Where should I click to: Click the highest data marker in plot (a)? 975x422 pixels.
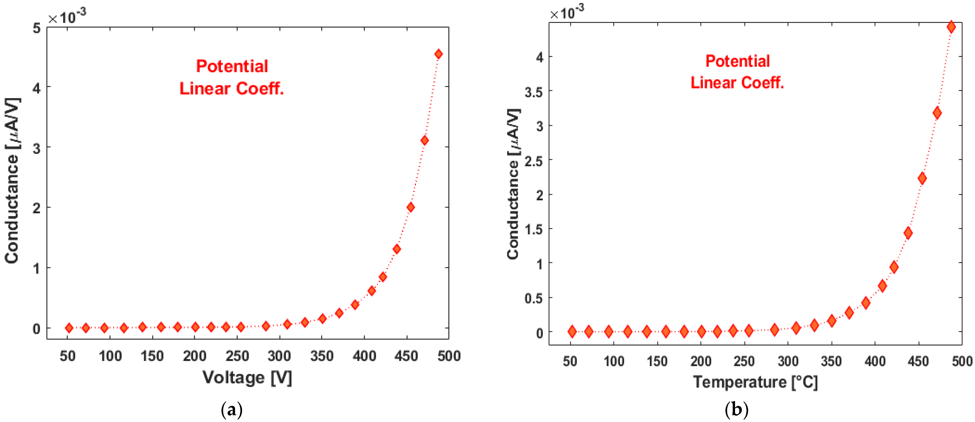click(x=438, y=54)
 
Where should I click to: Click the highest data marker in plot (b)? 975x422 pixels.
click(x=951, y=27)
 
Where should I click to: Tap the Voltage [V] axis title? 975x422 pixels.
click(x=247, y=378)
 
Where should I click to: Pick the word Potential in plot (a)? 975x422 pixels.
click(x=232, y=66)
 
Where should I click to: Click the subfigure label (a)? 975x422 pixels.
click(x=231, y=410)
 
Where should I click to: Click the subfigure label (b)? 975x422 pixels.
click(x=736, y=410)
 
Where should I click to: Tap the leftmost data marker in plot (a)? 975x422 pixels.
click(x=69, y=328)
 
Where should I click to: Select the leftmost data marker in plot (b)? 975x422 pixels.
click(x=572, y=332)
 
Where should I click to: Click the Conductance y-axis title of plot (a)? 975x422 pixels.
click(x=12, y=181)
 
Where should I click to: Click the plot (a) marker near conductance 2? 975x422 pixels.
click(x=410, y=207)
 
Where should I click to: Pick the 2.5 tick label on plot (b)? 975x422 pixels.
click(x=534, y=161)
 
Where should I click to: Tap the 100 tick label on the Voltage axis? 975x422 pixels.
click(x=110, y=356)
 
